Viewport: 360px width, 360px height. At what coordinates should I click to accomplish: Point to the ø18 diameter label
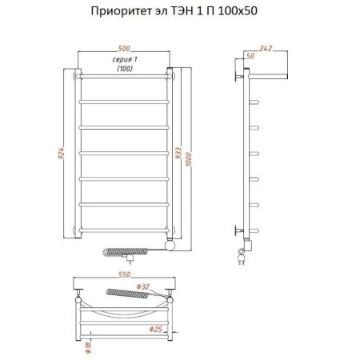click(x=87, y=346)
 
